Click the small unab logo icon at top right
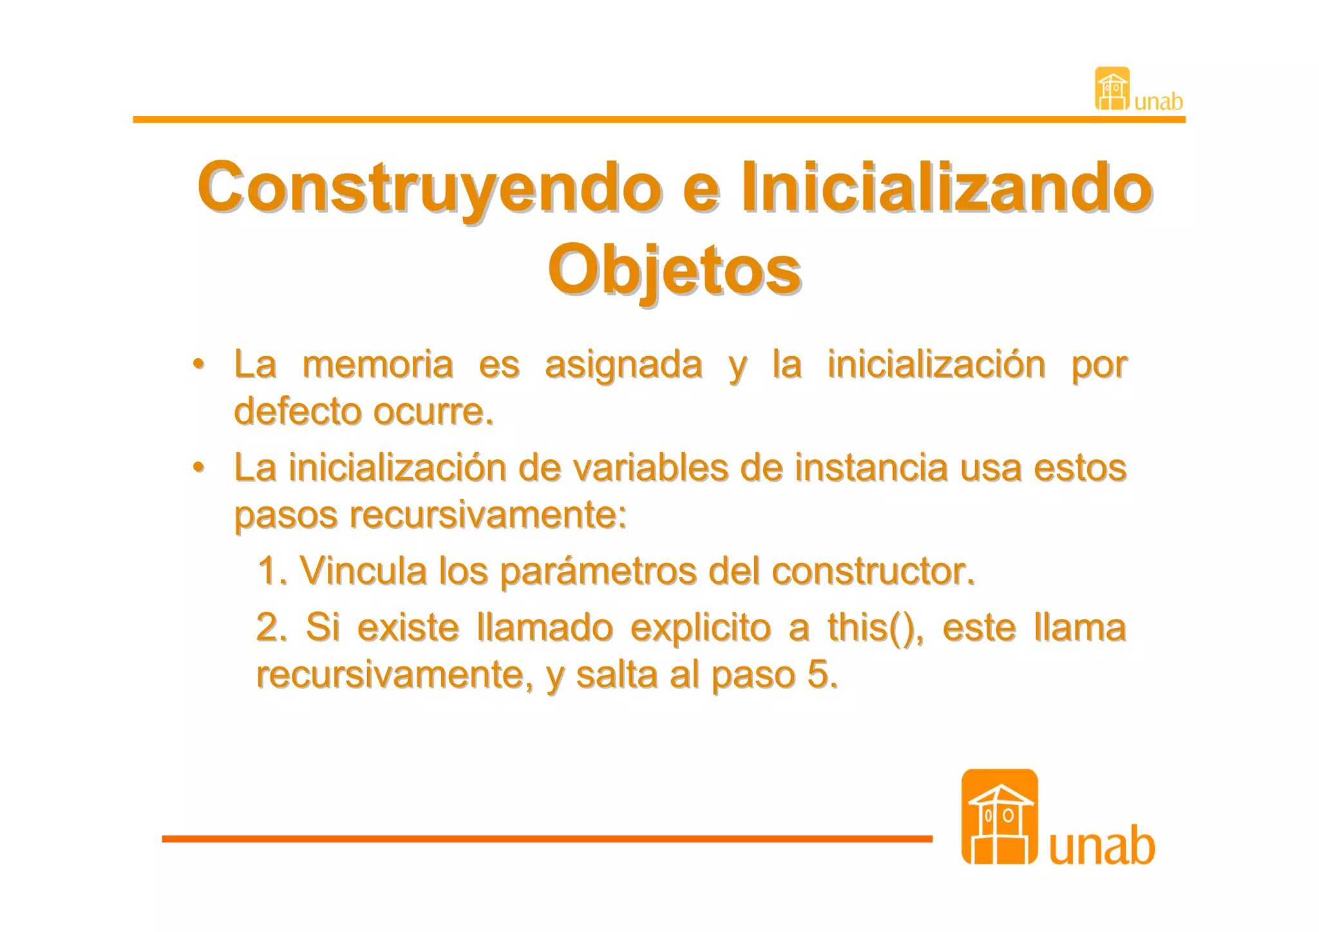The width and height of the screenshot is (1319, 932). coord(1112,89)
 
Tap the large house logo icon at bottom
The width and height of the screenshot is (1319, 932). coord(999,817)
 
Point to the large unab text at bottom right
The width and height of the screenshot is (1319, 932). coord(1102,846)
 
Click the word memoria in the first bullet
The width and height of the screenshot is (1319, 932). coord(377,365)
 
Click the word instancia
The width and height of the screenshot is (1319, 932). coord(871,468)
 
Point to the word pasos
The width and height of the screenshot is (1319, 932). coord(285,515)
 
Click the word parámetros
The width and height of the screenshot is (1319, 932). coord(598,572)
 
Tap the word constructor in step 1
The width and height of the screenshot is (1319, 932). coord(872,571)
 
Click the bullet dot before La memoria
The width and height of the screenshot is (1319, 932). coord(199,364)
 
